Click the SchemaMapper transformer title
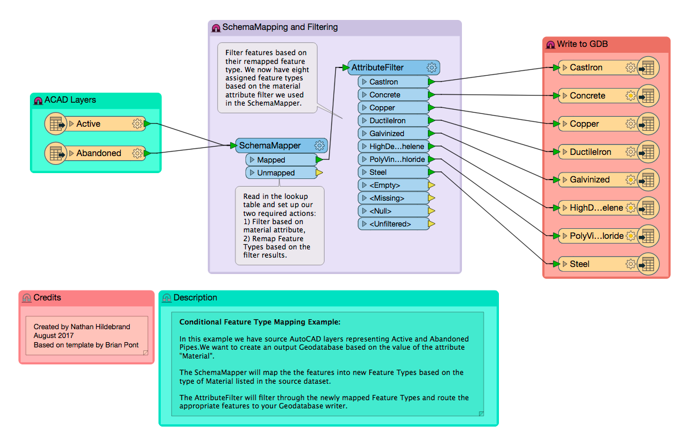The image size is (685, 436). (x=269, y=146)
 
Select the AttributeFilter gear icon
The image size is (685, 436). (x=432, y=67)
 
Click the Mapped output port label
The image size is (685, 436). (x=271, y=160)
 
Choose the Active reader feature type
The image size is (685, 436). (x=88, y=124)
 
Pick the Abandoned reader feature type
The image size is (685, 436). (x=99, y=153)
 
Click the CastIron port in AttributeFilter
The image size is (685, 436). (x=383, y=82)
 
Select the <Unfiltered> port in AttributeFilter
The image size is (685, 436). (x=390, y=224)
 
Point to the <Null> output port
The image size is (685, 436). (x=380, y=211)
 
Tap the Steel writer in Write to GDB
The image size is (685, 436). (x=579, y=264)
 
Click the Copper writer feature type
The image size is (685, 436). (x=584, y=124)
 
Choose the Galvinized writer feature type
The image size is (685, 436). (x=589, y=180)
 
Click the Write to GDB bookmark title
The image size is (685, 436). (x=582, y=44)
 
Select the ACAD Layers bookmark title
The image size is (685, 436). (x=70, y=100)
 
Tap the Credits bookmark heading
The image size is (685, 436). (x=47, y=298)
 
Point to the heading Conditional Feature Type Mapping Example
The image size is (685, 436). (x=259, y=322)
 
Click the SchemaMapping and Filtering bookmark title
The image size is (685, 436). (x=279, y=27)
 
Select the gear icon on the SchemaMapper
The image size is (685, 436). (x=319, y=146)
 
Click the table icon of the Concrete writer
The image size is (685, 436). (x=648, y=96)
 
